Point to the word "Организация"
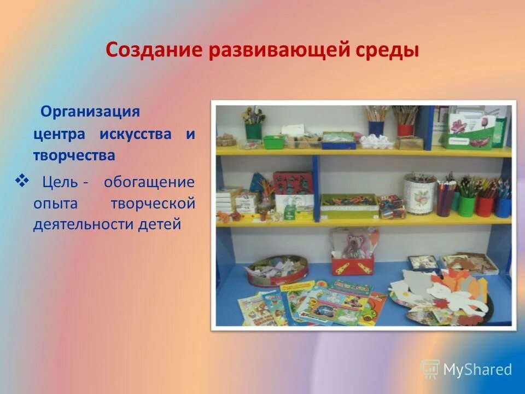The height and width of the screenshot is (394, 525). point(91,112)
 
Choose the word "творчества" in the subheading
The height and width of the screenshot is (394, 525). point(74,156)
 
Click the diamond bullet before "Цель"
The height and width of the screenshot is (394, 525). point(23,180)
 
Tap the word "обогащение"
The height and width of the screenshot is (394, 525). point(149,181)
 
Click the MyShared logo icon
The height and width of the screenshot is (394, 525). point(430,369)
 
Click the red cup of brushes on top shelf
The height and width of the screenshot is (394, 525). point(405,129)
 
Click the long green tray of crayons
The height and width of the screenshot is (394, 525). point(349,205)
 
